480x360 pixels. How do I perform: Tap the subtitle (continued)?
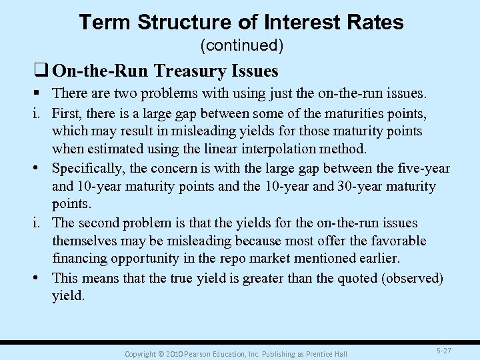click(241, 46)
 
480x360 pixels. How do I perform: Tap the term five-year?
click(419, 168)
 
